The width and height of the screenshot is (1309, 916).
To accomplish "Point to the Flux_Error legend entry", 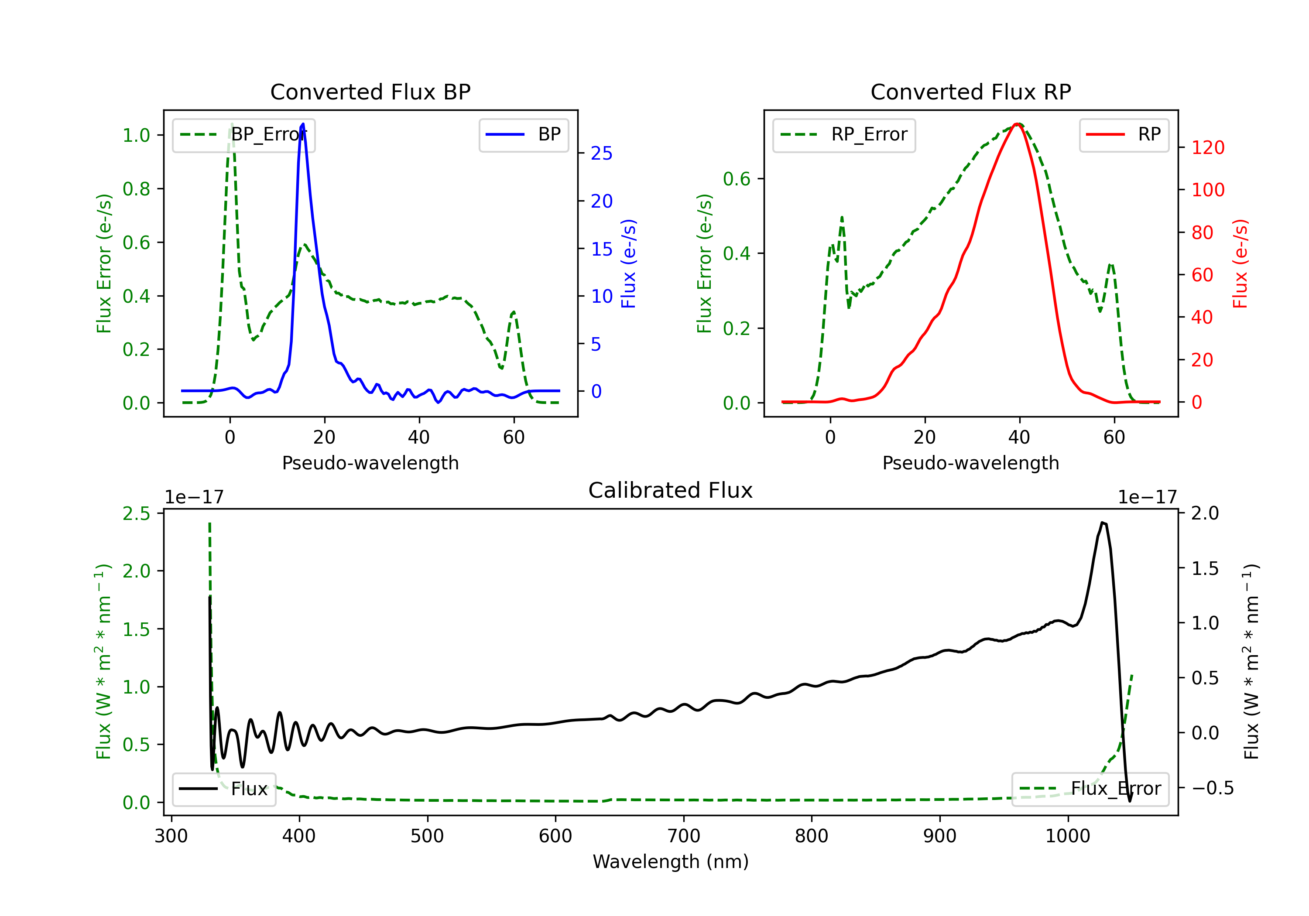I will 1090,789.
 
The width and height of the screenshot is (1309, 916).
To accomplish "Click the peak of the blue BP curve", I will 303,124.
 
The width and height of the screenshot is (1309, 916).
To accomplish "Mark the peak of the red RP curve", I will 1017,124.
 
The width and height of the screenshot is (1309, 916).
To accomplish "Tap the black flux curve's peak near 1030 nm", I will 1103,523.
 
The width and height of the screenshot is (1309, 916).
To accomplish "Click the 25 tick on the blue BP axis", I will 601,154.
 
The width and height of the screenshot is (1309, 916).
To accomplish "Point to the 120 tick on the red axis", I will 1207,147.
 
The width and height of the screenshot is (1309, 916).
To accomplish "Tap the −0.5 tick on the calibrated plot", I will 1212,788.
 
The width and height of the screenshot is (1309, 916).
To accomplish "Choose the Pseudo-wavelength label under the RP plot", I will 970,463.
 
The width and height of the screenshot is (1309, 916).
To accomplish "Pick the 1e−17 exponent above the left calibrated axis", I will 194,497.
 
